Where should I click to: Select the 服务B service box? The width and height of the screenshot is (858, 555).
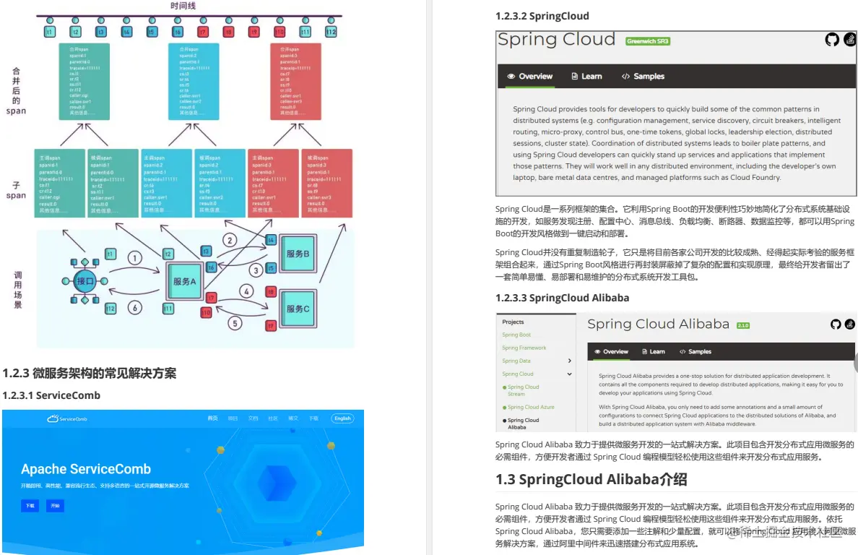click(x=298, y=254)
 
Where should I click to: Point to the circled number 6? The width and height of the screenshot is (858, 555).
click(x=134, y=307)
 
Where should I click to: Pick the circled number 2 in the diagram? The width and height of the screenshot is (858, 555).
click(x=230, y=240)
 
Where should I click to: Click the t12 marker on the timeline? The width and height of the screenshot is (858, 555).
click(x=331, y=33)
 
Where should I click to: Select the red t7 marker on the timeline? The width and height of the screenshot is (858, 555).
click(x=203, y=33)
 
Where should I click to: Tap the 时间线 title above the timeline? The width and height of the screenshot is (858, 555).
click(x=183, y=6)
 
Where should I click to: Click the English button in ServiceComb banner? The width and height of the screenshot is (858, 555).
click(x=342, y=418)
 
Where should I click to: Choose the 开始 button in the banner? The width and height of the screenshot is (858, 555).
click(x=55, y=506)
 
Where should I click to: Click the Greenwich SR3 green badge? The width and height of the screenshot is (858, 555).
click(x=648, y=41)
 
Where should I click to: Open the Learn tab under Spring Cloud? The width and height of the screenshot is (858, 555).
click(x=586, y=77)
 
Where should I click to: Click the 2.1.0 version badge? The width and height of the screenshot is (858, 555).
click(x=743, y=326)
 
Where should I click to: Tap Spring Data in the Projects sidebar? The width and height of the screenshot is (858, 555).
click(x=516, y=361)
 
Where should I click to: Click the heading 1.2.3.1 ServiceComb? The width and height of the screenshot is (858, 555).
click(x=51, y=395)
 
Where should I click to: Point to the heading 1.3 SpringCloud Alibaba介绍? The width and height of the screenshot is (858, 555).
click(x=591, y=479)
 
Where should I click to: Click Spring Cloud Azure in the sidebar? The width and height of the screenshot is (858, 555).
click(x=531, y=407)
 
